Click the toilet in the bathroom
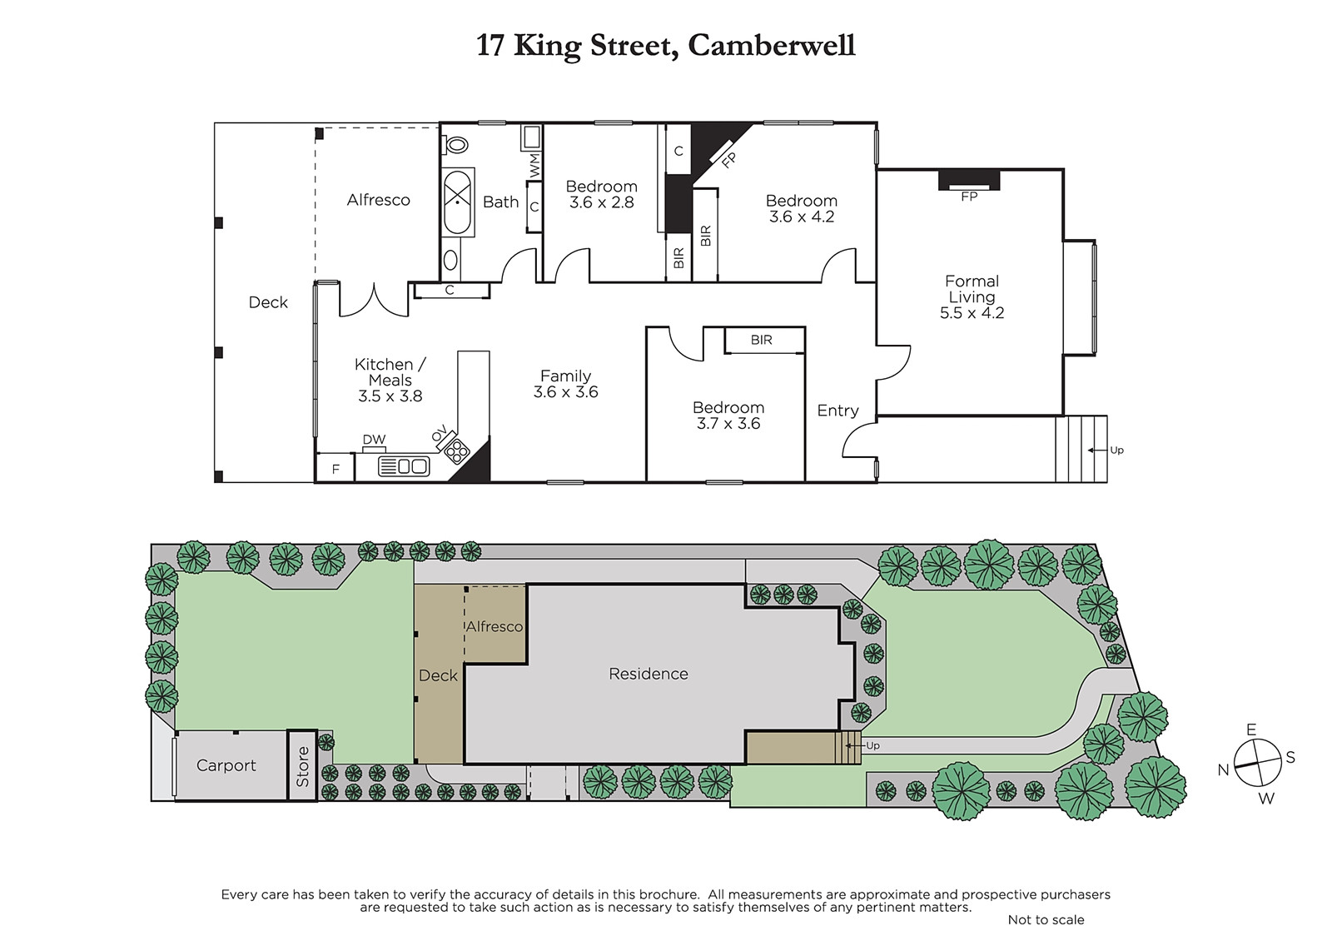456,145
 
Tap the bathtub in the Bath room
457,202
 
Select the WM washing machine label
534,165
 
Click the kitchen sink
404,466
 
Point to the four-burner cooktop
457,452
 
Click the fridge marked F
335,468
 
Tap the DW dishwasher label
374,440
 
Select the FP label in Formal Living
969,197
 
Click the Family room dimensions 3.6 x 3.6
565,392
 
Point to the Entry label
837,411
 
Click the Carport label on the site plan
226,765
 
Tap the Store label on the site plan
303,767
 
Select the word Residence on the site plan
649,674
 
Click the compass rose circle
1257,763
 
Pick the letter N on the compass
1223,769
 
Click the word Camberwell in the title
771,45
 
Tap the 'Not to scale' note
1046,919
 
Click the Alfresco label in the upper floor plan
378,200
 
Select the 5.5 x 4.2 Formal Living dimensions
972,313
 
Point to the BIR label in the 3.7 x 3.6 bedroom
761,340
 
